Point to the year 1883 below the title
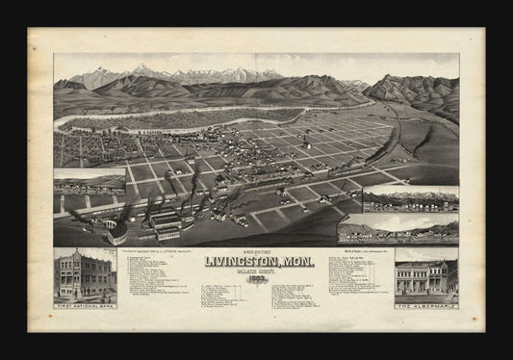click(x=256, y=278)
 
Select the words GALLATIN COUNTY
click(x=256, y=271)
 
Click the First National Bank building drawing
click(x=86, y=274)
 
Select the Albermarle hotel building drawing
click(x=425, y=277)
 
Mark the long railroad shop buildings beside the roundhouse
click(x=165, y=220)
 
